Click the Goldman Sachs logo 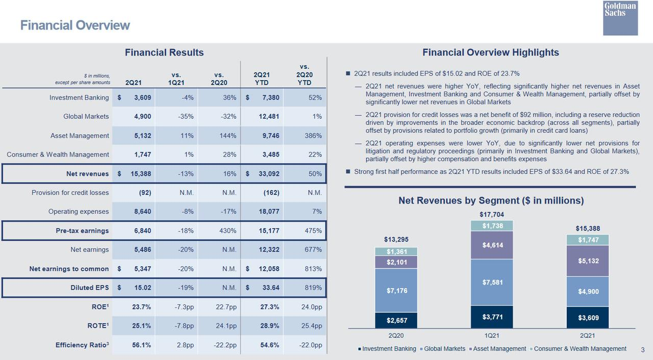(620, 18)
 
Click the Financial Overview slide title (75, 25)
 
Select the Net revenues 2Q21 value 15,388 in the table (141, 174)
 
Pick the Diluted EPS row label (89, 288)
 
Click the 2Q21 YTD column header (262, 79)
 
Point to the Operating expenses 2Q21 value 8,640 (142, 212)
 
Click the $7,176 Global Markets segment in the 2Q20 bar (396, 290)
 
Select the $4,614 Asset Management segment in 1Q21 (492, 245)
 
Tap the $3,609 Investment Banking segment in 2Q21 (588, 318)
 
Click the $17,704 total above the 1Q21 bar (492, 215)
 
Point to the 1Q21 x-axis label (492, 336)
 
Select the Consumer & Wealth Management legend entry (578, 349)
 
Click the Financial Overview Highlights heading (491, 53)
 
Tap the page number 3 (643, 350)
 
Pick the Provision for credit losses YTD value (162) (271, 193)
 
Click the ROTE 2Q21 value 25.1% (141, 326)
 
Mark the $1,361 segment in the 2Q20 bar (396, 251)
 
